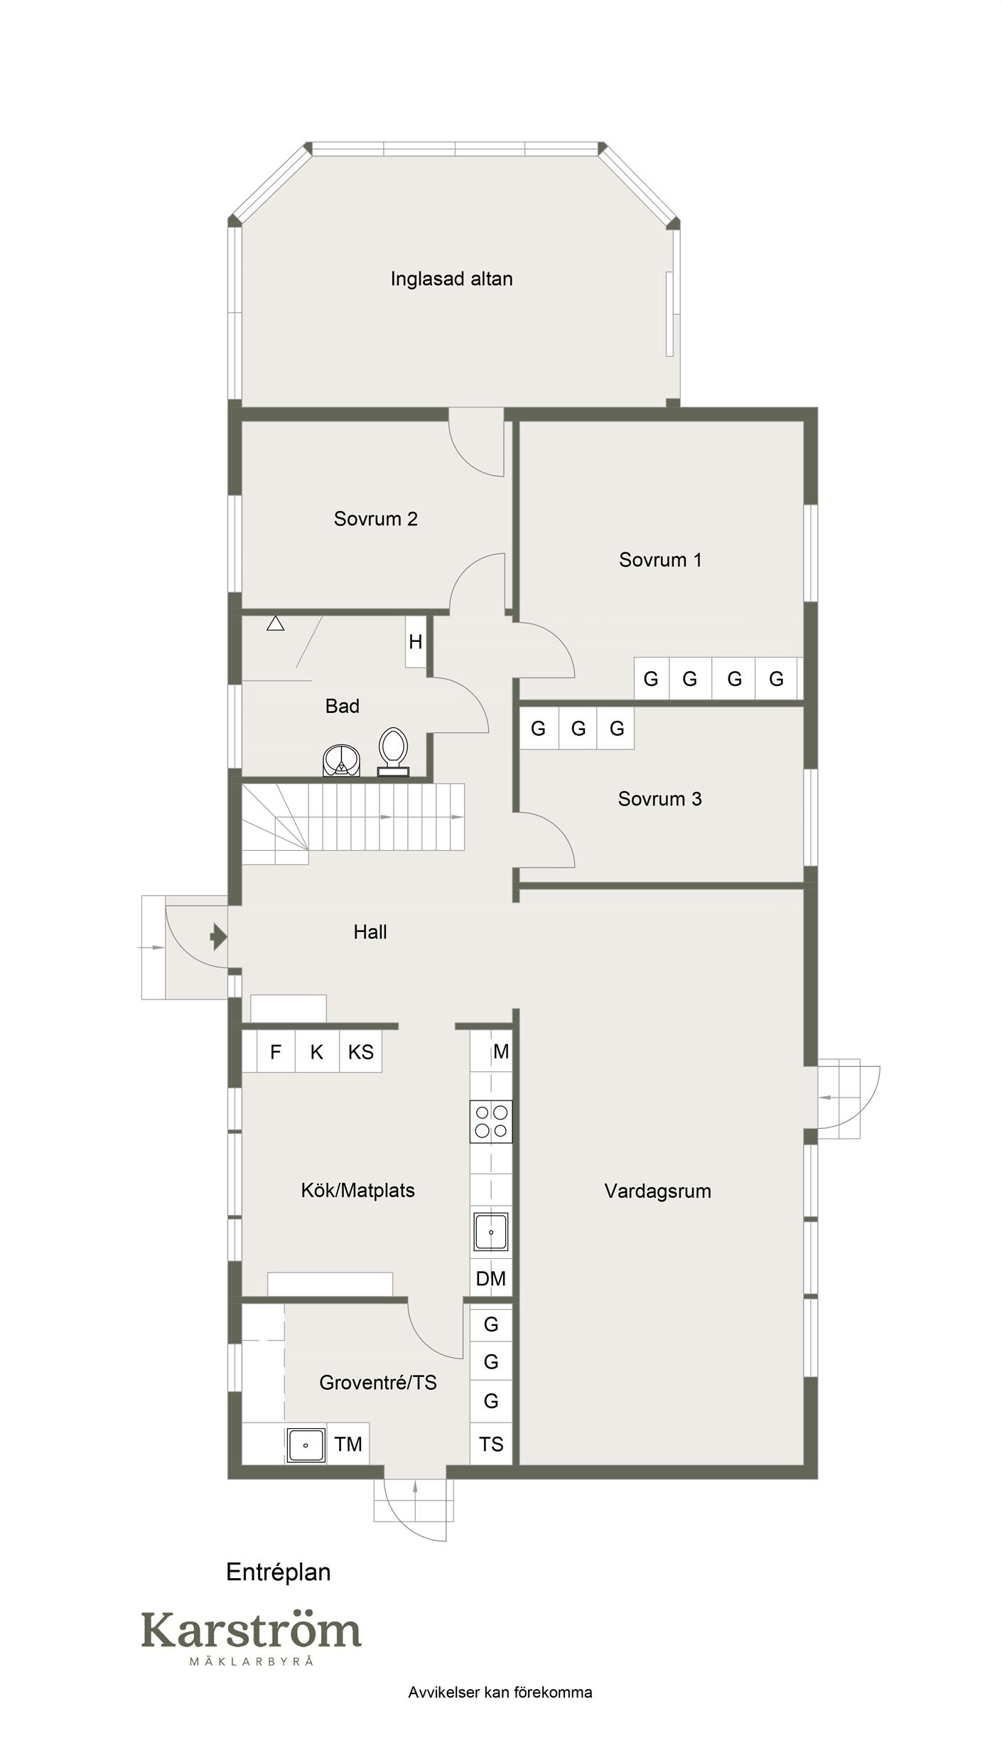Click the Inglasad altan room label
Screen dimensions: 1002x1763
tap(451, 279)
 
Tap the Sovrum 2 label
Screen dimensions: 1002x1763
tap(375, 519)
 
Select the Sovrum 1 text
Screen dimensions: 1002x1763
tap(660, 560)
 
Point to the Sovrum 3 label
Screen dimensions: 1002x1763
tap(659, 799)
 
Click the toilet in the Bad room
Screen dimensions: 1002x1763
tap(394, 751)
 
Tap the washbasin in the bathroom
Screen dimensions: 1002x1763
tap(342, 761)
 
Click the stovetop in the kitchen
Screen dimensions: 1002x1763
tap(491, 1121)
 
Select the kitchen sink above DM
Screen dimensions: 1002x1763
tap(491, 1232)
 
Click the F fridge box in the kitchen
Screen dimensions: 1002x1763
tap(276, 1052)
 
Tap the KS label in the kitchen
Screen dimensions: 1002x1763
tap(360, 1052)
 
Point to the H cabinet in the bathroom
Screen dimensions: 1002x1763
tap(416, 641)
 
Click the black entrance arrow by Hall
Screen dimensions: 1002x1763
tap(219, 938)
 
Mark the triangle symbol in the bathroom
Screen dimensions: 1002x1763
tap(276, 623)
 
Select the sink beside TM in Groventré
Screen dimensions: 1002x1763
tap(306, 1445)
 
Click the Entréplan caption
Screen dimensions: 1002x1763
tap(279, 1572)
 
